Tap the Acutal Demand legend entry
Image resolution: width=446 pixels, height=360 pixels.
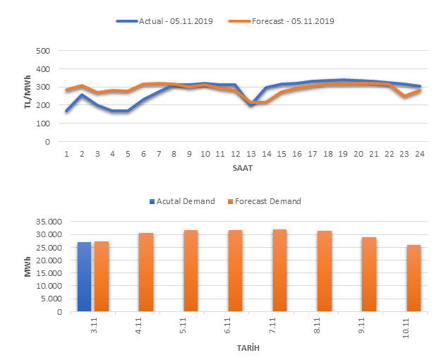pos(183,201)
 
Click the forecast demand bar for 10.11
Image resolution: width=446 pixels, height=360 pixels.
pos(414,278)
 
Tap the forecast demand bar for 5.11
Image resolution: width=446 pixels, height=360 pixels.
pos(191,271)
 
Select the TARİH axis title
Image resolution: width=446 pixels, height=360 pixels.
pos(243,348)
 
